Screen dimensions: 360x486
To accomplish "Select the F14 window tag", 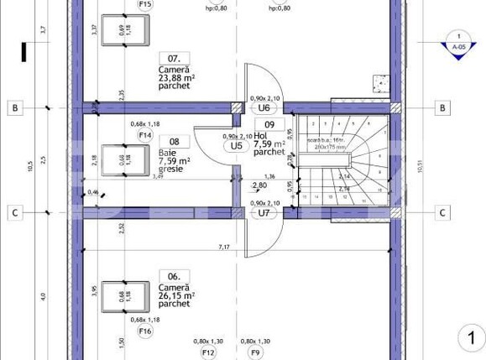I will [145, 135].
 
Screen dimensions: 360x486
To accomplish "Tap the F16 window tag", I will [145, 331].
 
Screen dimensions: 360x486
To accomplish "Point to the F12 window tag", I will [209, 352].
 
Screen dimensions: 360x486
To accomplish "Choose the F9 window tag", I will [255, 352].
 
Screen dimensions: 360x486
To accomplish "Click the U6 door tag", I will [264, 108].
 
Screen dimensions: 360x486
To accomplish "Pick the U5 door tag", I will [237, 145].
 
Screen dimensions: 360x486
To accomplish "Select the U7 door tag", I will [264, 213].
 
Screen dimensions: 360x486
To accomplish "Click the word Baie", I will [165, 153].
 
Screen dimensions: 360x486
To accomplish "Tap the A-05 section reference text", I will [458, 48].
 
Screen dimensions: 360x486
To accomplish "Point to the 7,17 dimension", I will [224, 247].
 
